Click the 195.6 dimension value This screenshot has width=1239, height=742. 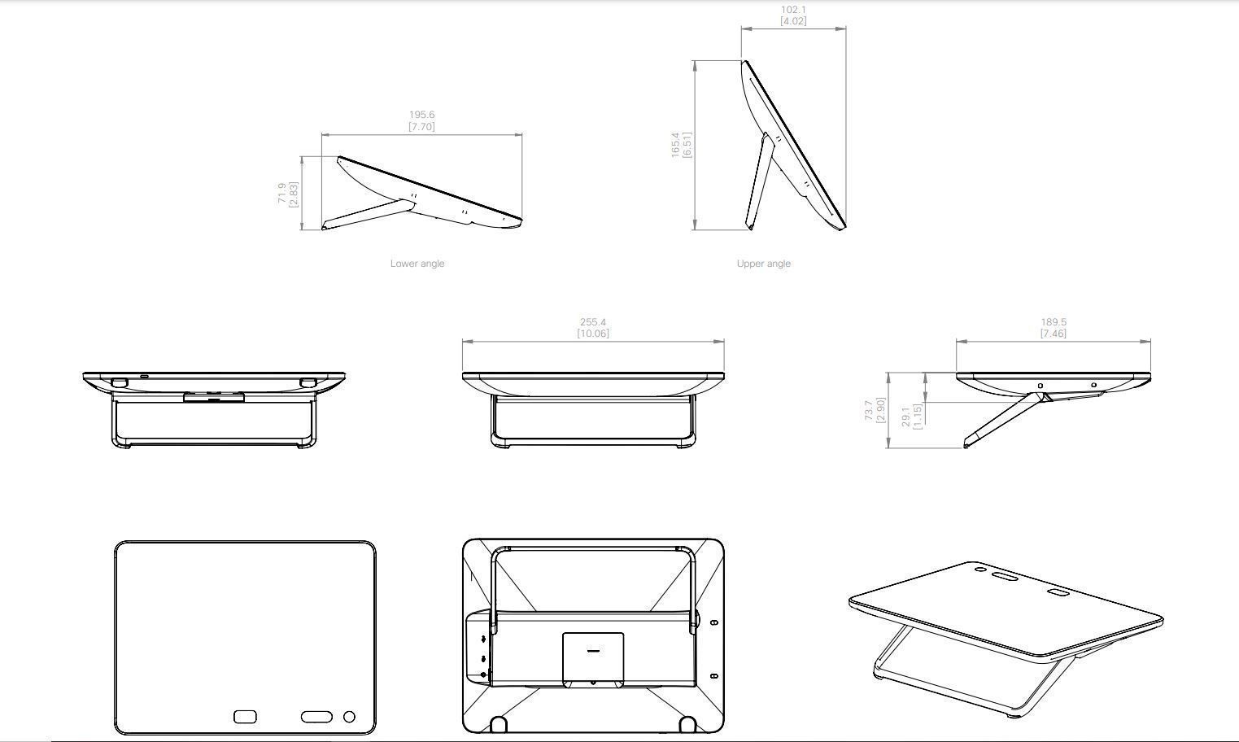pyautogui.click(x=421, y=115)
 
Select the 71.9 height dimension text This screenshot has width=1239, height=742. pyautogui.click(x=281, y=193)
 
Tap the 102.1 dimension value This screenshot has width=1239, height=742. pyautogui.click(x=793, y=10)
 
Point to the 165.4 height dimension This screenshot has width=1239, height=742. pyautogui.click(x=675, y=145)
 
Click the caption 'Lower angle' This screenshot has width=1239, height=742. pyautogui.click(x=417, y=264)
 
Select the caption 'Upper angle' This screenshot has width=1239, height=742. pyautogui.click(x=763, y=264)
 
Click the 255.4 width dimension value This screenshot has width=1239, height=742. pyautogui.click(x=593, y=321)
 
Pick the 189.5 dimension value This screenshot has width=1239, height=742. pyautogui.click(x=1054, y=321)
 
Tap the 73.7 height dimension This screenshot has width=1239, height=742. pyautogui.click(x=868, y=410)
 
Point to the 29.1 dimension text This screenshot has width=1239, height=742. pyautogui.click(x=905, y=416)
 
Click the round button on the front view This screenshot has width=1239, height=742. pyautogui.click(x=349, y=717)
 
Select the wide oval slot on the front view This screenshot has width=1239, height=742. pyautogui.click(x=316, y=717)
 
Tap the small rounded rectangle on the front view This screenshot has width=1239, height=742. pyautogui.click(x=245, y=717)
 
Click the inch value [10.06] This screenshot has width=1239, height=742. pyautogui.click(x=593, y=333)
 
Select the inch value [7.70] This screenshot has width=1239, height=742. pyautogui.click(x=421, y=127)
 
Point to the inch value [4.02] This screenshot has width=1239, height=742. pyautogui.click(x=793, y=21)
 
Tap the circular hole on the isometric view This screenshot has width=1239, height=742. pyautogui.click(x=979, y=569)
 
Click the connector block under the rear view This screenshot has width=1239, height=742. pyautogui.click(x=213, y=397)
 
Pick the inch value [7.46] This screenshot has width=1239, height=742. pyautogui.click(x=1054, y=333)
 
